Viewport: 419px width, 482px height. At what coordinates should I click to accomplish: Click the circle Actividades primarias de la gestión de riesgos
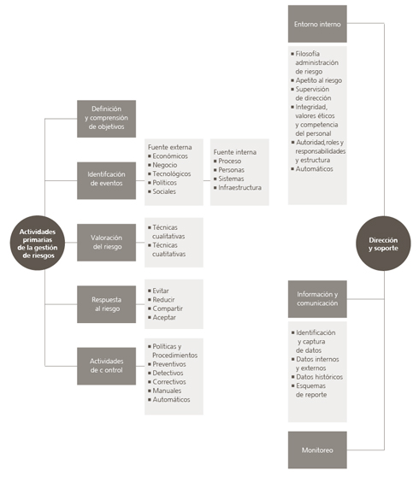(x=38, y=244)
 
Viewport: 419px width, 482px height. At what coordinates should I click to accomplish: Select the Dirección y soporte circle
(x=383, y=244)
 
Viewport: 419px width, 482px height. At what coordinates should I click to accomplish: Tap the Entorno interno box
(x=317, y=24)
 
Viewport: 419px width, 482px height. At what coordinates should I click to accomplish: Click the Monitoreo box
(x=317, y=450)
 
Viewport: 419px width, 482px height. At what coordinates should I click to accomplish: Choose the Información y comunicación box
(x=317, y=299)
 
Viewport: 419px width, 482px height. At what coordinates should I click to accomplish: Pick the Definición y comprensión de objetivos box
(x=106, y=119)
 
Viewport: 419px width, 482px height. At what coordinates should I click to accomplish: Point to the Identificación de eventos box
(x=106, y=180)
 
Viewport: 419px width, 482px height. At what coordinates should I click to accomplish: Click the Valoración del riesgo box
(x=106, y=243)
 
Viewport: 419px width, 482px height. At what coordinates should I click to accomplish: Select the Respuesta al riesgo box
(x=106, y=304)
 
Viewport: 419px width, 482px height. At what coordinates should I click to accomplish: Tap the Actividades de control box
(x=106, y=366)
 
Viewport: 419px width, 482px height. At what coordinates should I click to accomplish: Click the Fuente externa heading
(x=170, y=147)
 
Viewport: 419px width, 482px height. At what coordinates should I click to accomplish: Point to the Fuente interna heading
(x=235, y=152)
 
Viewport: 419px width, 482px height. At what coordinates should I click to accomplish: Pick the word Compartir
(x=168, y=309)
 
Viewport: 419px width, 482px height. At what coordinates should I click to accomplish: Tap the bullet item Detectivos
(x=168, y=373)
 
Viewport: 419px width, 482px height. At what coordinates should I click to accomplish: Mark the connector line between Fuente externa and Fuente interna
(x=207, y=181)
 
